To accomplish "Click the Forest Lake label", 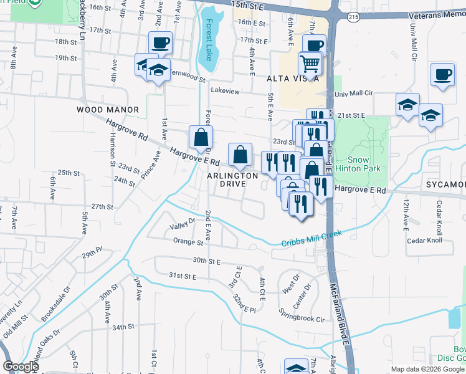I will point(209,39).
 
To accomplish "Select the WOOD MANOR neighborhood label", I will point(107,109).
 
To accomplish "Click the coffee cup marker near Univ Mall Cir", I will point(442,75).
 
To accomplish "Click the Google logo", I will point(21,367).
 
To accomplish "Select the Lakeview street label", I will point(225,91).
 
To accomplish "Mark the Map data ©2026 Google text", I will point(427,369).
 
